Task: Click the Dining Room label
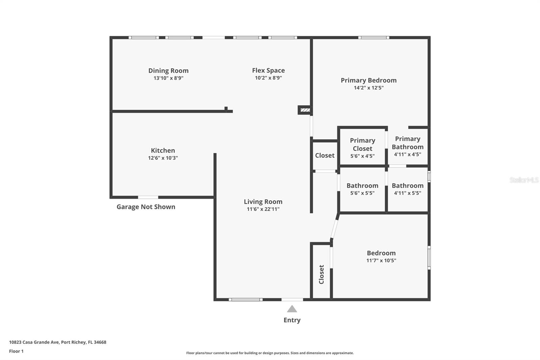pos(168,71)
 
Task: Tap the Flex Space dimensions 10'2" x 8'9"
pos(268,78)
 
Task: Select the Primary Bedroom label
pos(369,80)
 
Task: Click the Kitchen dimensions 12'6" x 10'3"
pos(163,158)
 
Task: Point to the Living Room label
pos(263,202)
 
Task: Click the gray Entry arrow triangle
pos(292,309)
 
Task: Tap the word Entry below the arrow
pos(292,320)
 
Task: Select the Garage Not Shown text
pos(146,207)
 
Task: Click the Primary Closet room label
pos(362,145)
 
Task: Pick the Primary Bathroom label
pos(407,143)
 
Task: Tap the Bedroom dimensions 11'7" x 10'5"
pos(381,260)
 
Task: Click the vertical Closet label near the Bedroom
pos(321,274)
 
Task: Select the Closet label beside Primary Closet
pos(325,155)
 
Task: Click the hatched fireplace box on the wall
pos(305,110)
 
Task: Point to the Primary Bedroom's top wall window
pos(373,37)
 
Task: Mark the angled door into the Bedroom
pos(334,229)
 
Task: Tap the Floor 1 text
pos(16,351)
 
